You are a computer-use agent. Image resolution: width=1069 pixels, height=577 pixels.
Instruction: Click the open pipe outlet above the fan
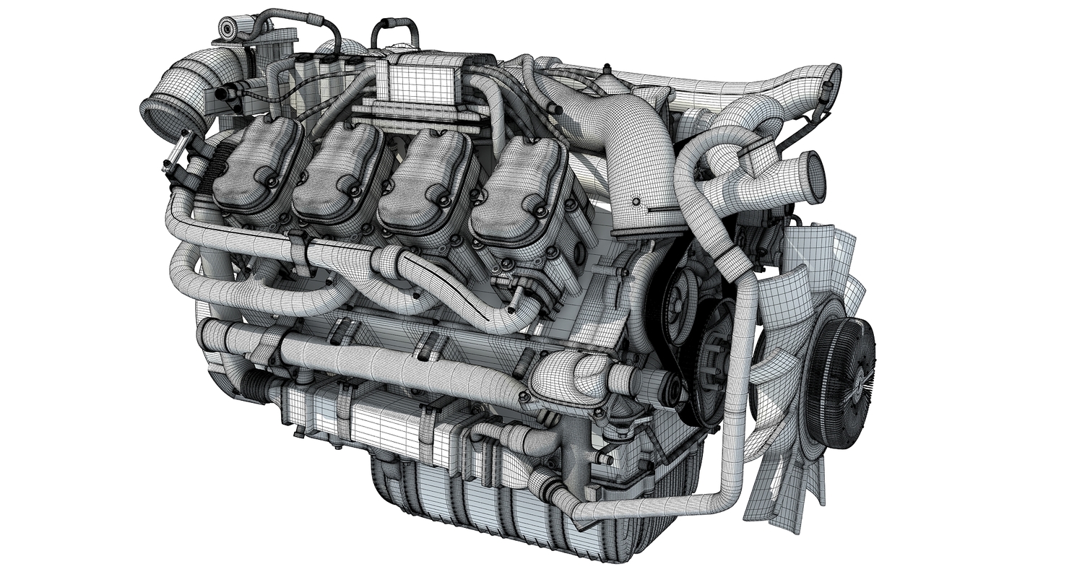[x=815, y=177]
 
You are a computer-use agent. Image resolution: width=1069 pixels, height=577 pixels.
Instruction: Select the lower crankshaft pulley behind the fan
[x=715, y=361]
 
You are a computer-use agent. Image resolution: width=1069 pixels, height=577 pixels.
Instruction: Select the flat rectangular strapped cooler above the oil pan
[x=368, y=419]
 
